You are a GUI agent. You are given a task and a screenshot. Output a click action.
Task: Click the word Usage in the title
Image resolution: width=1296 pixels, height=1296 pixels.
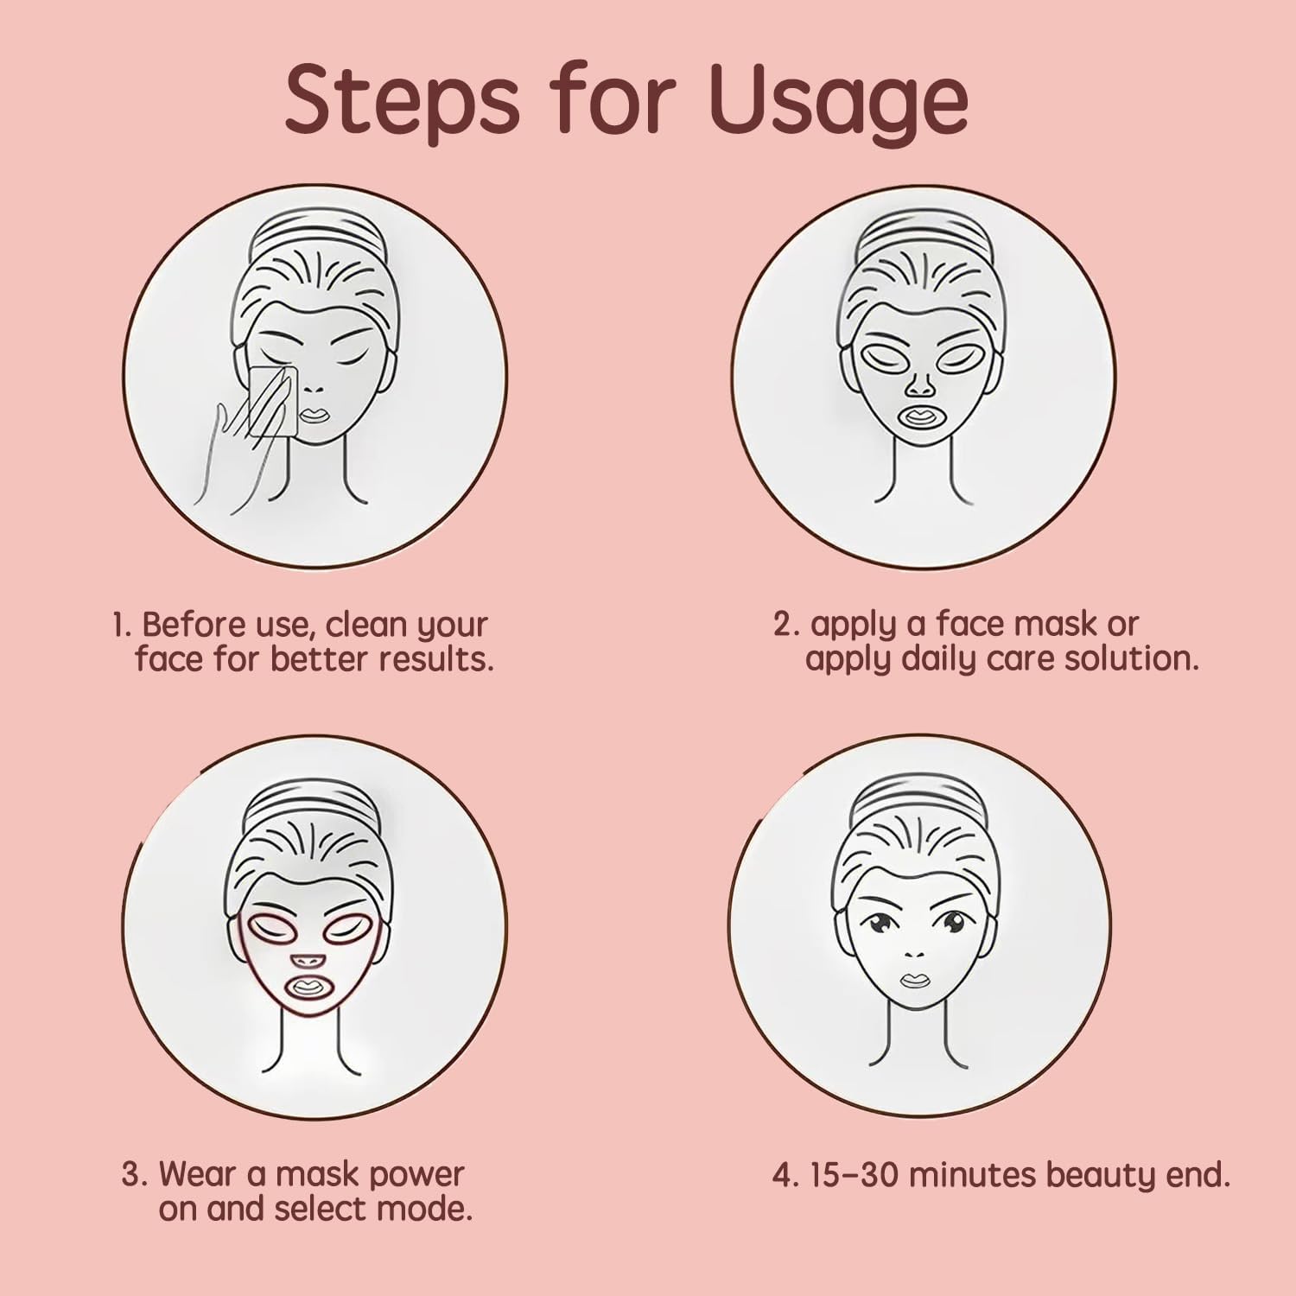point(838,101)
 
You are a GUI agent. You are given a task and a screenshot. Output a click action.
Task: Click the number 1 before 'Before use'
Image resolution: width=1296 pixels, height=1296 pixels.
point(121,625)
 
